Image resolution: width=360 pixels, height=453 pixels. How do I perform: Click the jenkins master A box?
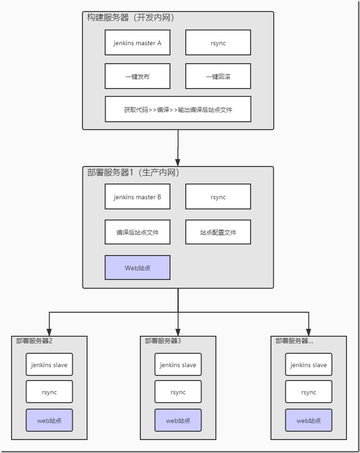(138, 43)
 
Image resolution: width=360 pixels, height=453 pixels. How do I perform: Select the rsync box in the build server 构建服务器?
(218, 43)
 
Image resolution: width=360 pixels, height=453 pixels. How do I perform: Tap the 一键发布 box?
(138, 76)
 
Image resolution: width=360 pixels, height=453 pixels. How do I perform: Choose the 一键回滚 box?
(218, 76)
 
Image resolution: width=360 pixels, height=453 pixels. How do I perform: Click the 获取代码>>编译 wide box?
(178, 109)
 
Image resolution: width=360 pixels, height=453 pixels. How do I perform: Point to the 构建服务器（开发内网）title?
(131, 18)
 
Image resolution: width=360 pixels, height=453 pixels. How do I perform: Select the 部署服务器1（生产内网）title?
(133, 172)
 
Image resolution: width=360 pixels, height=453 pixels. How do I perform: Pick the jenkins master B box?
(138, 197)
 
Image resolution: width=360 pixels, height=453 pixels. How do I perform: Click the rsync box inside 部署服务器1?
(218, 197)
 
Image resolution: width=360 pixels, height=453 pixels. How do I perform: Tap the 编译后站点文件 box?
(138, 232)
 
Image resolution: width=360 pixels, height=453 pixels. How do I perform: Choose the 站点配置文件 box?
(218, 232)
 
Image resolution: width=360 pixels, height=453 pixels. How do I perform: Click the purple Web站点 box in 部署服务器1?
(138, 267)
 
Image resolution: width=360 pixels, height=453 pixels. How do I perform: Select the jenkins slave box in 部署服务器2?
(49, 364)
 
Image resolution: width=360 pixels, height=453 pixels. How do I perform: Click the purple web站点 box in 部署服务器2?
(49, 420)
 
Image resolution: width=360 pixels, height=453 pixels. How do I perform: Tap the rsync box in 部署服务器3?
(178, 392)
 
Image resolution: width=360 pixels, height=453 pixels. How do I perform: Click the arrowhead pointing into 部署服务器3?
(178, 331)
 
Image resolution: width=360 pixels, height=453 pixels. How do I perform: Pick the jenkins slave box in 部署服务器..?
(309, 364)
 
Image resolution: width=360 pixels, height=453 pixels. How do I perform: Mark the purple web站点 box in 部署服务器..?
(309, 420)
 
